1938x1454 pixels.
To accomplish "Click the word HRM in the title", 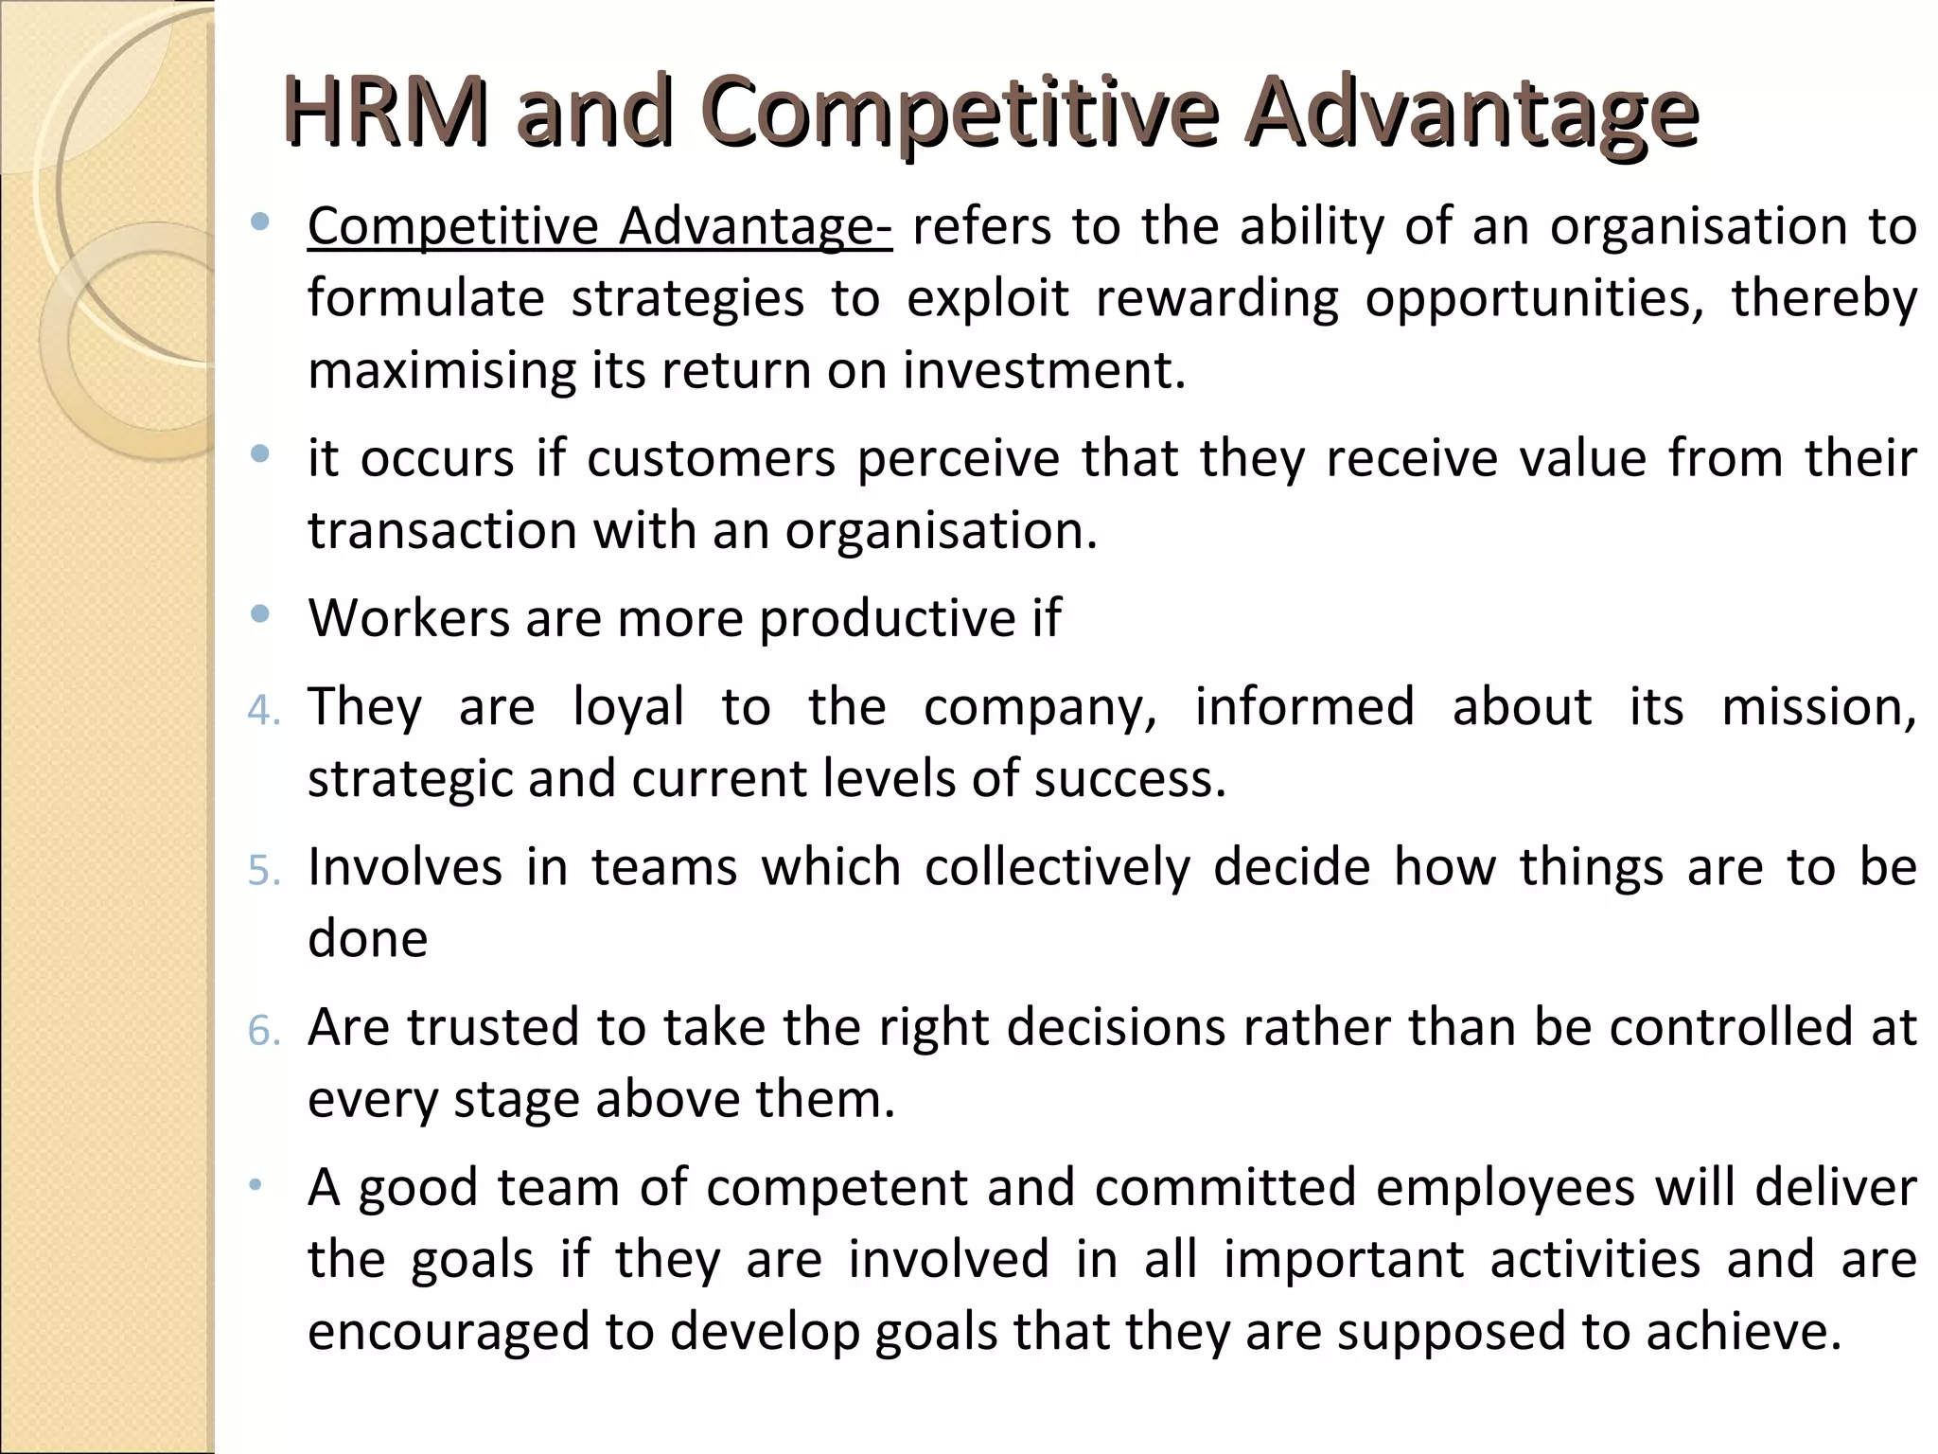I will click(385, 114).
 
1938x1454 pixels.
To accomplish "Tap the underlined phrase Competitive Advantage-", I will click(599, 227).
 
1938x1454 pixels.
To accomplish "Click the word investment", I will click(1044, 370).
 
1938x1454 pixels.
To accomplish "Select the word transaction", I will click(442, 531).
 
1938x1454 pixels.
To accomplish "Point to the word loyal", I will click(628, 708).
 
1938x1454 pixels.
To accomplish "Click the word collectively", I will click(1057, 868).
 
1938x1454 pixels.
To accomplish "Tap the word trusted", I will click(493, 1028).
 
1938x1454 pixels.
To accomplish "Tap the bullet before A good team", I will click(255, 1184).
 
